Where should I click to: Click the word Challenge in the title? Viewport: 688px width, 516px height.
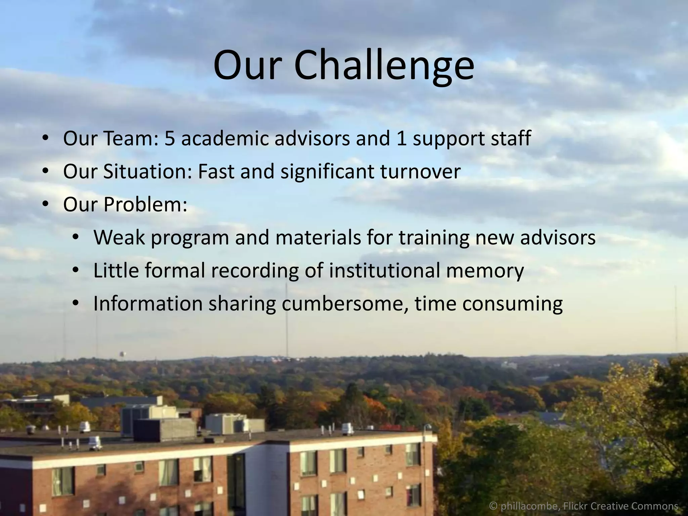point(384,66)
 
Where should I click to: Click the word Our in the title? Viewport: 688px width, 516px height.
point(247,66)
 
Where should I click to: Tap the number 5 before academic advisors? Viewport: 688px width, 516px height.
point(170,138)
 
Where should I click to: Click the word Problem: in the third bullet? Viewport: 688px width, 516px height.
point(145,204)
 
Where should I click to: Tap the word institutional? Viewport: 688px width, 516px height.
point(384,270)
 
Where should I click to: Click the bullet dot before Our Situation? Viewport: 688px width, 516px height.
point(46,172)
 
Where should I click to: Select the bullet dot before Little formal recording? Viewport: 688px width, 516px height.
point(76,271)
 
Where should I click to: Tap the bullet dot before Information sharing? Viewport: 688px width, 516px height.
point(76,304)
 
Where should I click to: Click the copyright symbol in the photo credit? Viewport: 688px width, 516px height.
point(493,506)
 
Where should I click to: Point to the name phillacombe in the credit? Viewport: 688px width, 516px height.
point(529,506)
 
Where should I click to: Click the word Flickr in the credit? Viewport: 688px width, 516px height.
point(575,506)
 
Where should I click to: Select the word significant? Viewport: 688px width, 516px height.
point(327,171)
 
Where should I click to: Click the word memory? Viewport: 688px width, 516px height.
point(484,271)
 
